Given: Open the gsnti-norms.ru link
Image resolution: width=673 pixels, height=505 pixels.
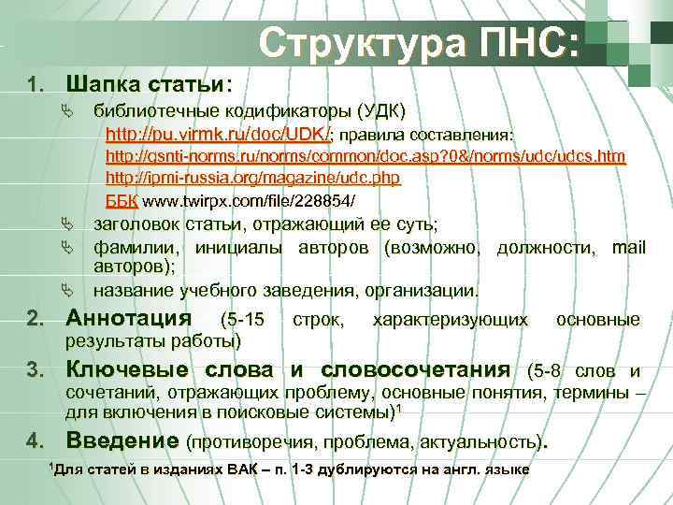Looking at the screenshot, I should click(x=365, y=155).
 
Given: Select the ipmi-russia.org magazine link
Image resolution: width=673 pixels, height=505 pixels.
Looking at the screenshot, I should click(x=252, y=178).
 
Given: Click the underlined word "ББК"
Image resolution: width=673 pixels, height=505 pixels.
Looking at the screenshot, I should click(x=122, y=201).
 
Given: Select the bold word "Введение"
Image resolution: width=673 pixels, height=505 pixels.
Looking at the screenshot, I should click(x=124, y=440).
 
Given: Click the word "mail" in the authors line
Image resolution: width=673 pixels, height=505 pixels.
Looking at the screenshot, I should click(x=628, y=248).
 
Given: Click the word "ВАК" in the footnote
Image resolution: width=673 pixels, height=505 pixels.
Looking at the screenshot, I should click(x=239, y=469).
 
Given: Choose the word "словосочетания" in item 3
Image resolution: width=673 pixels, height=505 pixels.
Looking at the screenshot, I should click(x=416, y=369).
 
